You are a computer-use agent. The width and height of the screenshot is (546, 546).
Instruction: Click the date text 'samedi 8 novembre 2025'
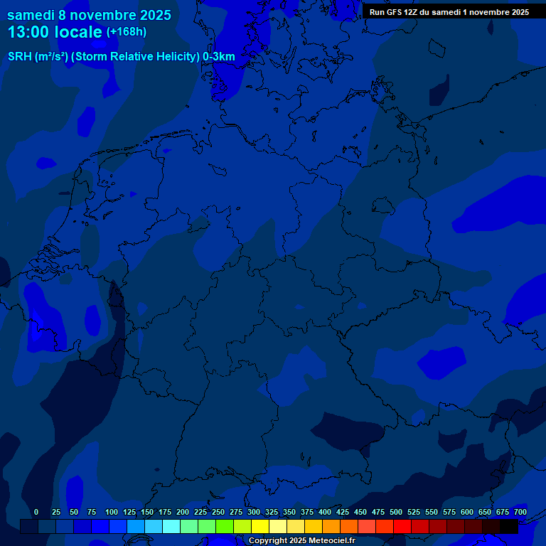point(89,15)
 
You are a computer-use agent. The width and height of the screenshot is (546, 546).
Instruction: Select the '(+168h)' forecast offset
point(127,31)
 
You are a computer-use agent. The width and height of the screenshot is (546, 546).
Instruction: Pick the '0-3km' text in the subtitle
point(218,56)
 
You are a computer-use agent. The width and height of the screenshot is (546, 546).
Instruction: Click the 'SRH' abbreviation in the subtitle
point(19,56)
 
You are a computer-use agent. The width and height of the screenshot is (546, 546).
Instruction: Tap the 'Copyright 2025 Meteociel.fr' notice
point(301,541)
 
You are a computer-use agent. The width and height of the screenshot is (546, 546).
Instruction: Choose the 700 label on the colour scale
point(520,512)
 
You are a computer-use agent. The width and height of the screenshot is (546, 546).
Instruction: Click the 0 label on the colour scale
point(36,512)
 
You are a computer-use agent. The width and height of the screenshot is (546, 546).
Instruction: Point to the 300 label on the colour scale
point(254,512)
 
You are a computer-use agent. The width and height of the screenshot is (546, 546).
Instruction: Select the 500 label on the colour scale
point(396,512)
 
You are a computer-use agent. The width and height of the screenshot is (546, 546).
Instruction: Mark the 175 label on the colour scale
point(165,512)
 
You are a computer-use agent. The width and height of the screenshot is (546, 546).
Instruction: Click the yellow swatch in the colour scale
point(260,526)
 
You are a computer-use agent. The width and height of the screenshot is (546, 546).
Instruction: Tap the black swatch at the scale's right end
point(509,526)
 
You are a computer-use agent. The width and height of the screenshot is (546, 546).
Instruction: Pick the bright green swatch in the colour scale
point(225,526)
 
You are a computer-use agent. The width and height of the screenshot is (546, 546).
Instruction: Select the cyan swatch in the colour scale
point(171,526)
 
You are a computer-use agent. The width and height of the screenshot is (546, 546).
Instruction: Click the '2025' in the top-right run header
point(518,12)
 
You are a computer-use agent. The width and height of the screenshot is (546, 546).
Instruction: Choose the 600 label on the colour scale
point(467,512)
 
